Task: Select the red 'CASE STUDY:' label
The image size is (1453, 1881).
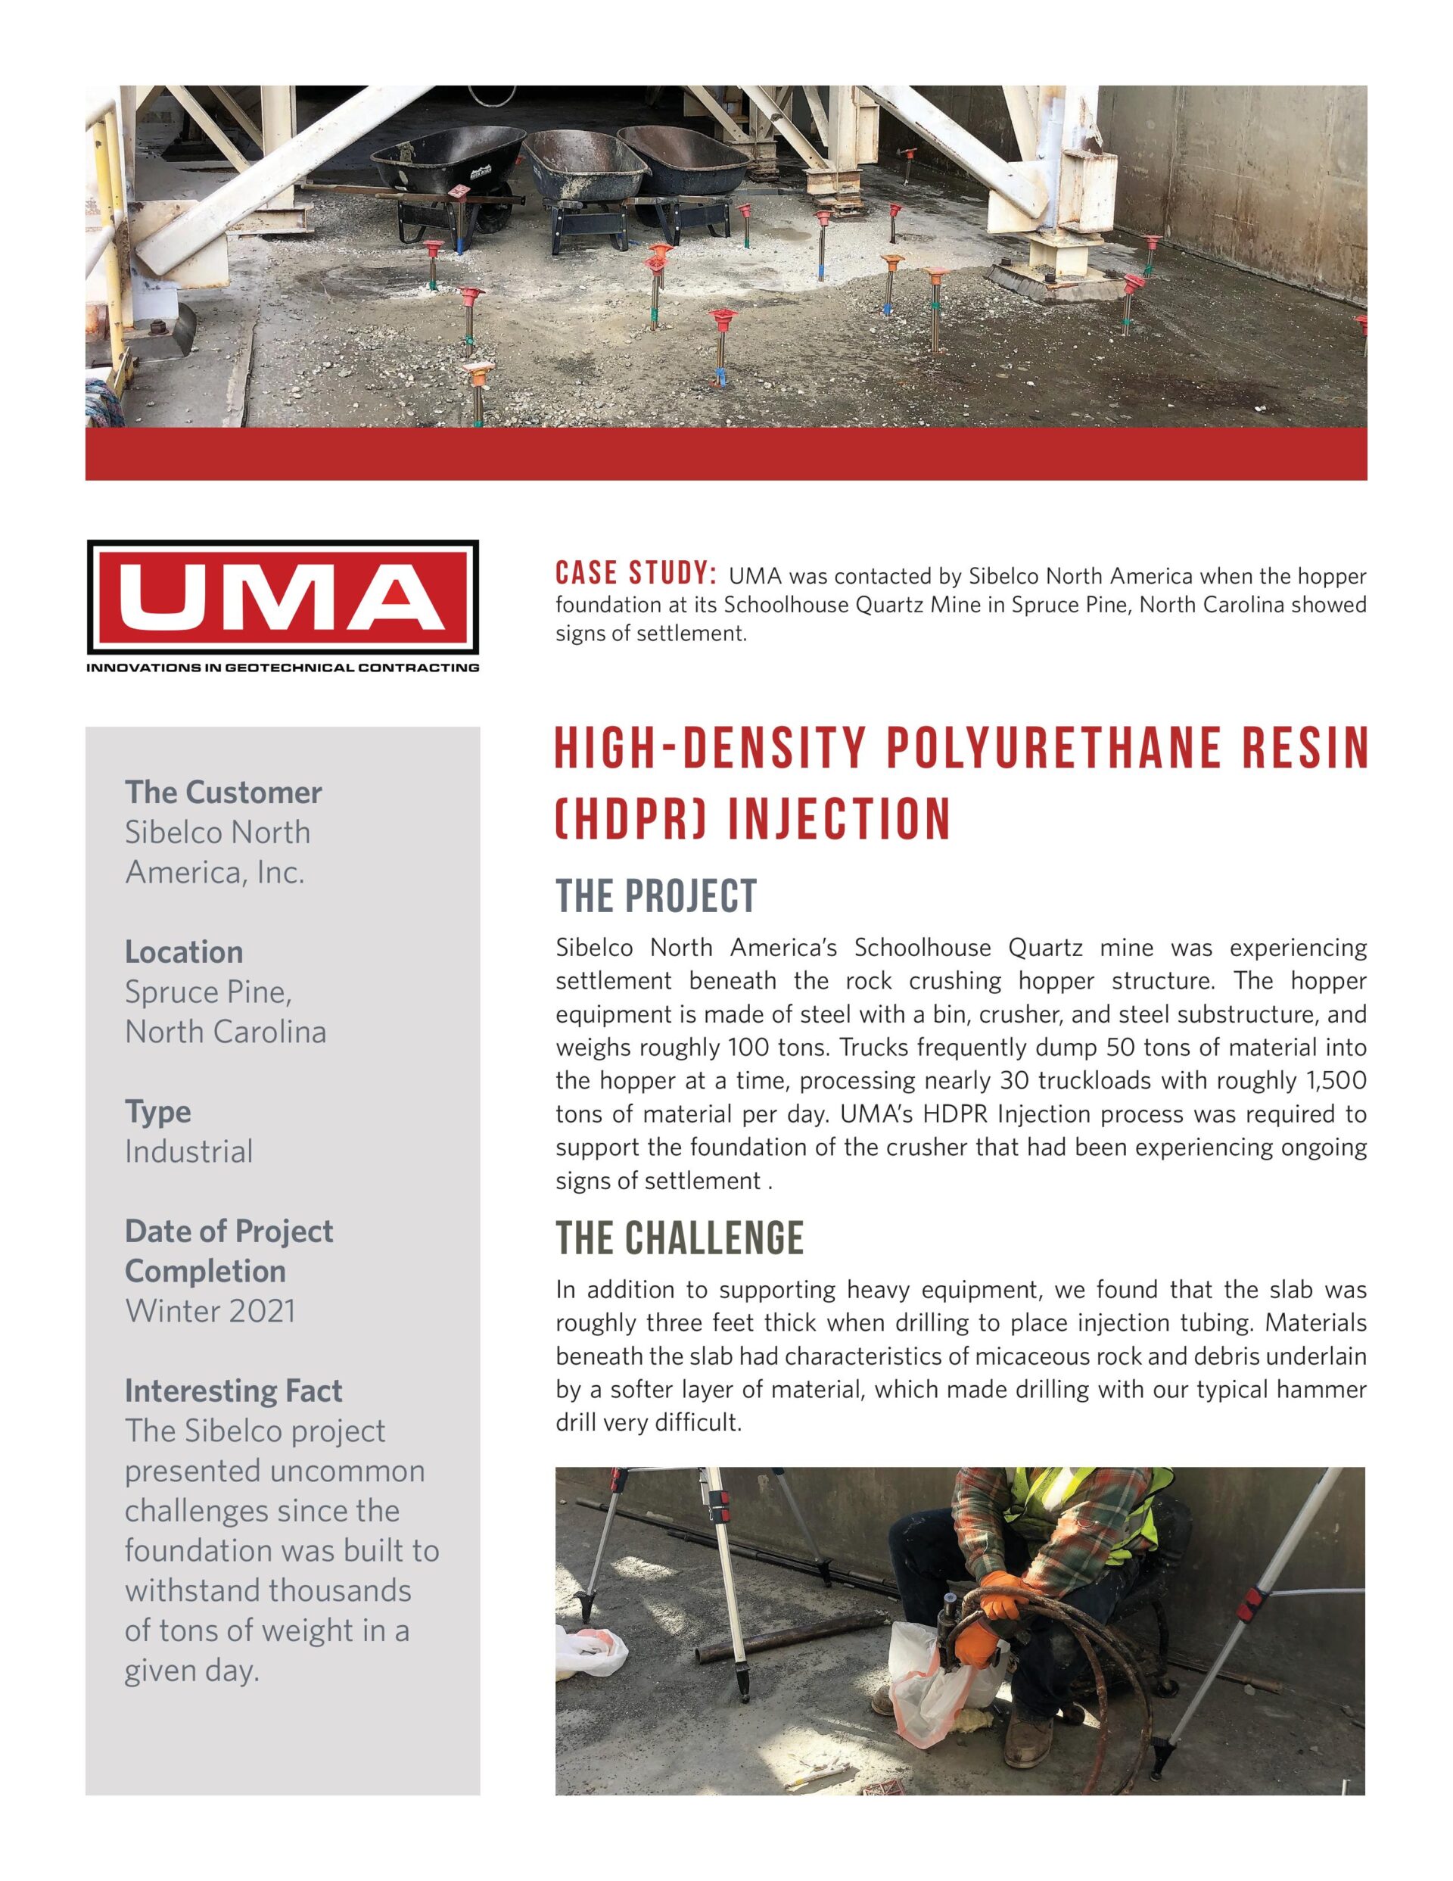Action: [x=636, y=575]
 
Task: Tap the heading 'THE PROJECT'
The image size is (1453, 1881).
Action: [x=656, y=895]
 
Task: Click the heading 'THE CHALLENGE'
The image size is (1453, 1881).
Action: [x=680, y=1238]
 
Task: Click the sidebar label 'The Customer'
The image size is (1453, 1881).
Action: [x=223, y=792]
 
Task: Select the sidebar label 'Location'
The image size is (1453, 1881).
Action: [x=183, y=951]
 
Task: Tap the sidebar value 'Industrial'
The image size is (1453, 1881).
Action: [x=188, y=1151]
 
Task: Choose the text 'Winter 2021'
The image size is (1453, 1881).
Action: [x=210, y=1311]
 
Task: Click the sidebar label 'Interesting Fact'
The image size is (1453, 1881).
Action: [x=233, y=1391]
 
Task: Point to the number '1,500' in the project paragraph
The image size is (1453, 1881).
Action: [x=1336, y=1081]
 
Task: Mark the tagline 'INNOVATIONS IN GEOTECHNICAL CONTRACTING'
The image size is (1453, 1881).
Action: [x=282, y=668]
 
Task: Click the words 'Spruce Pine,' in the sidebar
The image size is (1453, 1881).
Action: [x=208, y=992]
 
